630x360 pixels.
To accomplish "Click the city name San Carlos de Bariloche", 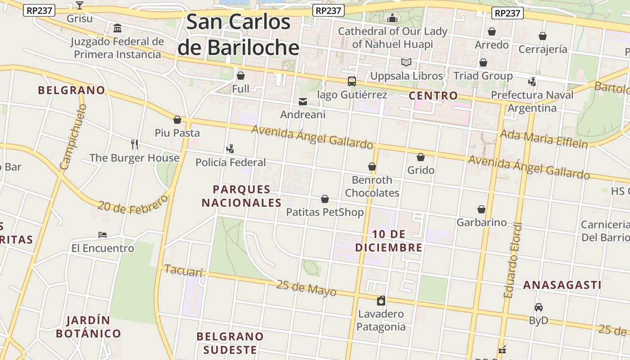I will [x=238, y=35].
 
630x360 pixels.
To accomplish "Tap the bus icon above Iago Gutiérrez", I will [x=352, y=81].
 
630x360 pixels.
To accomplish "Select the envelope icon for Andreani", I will [x=303, y=102].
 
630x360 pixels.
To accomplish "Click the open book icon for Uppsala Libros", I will [x=406, y=63].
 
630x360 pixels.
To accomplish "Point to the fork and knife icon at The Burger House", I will [x=134, y=144].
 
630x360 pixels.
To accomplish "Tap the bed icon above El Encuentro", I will [x=103, y=235].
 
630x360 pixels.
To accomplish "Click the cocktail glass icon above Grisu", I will [x=80, y=5].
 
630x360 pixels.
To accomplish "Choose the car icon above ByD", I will [x=538, y=307].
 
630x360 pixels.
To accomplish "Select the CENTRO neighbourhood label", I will [x=433, y=95].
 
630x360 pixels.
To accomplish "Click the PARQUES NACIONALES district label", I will [x=242, y=196].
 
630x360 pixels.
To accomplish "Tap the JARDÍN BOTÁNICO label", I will [x=89, y=327].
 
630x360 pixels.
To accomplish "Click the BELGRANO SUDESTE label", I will [x=230, y=343].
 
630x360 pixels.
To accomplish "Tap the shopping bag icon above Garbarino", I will [x=481, y=209].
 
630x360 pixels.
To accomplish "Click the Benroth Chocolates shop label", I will [x=372, y=186].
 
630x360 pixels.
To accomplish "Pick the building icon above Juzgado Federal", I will [x=117, y=29].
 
